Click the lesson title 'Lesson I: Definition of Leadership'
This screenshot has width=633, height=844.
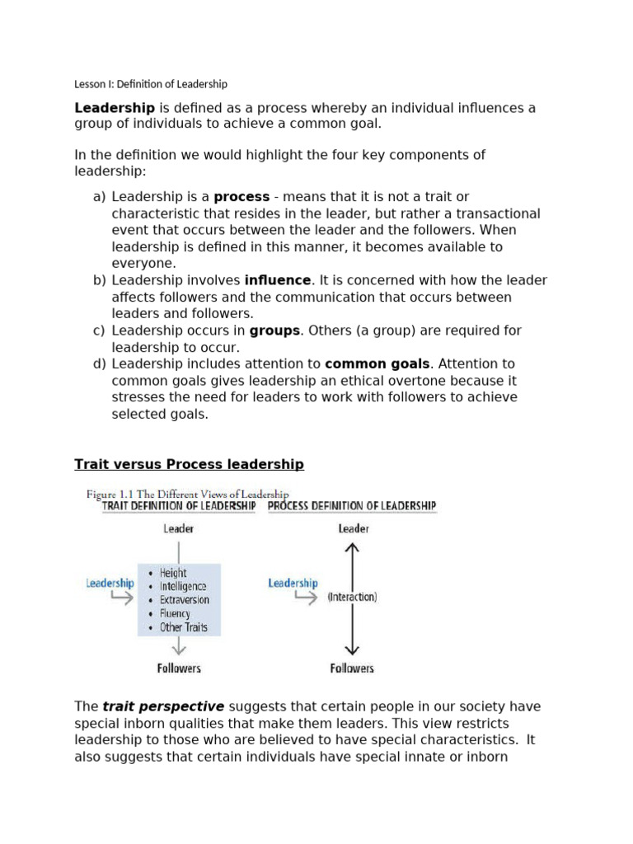pos(151,84)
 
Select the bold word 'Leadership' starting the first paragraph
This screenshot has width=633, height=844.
pos(115,108)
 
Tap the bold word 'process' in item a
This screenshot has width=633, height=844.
pos(241,197)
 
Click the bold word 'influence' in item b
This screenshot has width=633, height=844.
pos(278,280)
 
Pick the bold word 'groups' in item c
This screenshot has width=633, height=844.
pos(274,331)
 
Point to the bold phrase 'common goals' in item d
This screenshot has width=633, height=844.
pos(377,363)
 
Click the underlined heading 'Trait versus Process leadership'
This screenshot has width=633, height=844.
pos(189,465)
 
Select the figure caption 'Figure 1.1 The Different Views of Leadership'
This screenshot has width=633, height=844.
pos(187,494)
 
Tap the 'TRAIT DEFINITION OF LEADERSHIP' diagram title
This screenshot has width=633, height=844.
pos(179,506)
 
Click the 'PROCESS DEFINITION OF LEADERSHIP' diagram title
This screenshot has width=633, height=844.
pos(352,506)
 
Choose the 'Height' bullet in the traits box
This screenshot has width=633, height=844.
pos(173,573)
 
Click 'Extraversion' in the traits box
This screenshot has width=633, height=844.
pos(185,600)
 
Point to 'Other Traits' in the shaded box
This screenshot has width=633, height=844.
pos(183,627)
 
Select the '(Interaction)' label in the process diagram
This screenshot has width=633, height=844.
pos(352,597)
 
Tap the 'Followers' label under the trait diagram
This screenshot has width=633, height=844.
pos(179,668)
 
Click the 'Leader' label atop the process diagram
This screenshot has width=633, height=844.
pos(354,529)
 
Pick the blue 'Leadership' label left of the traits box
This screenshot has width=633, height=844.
pos(110,583)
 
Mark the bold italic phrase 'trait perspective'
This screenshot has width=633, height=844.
pos(163,707)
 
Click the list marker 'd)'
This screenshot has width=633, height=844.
pos(100,363)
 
